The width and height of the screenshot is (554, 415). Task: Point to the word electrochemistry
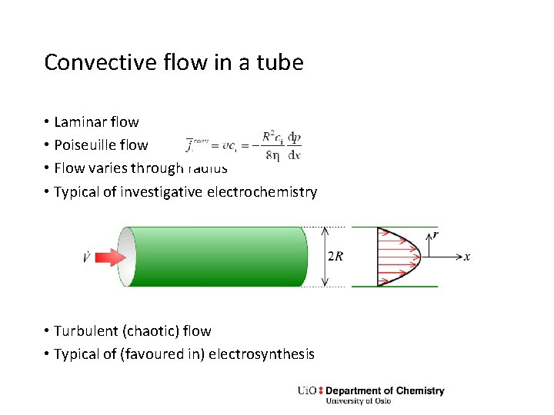coord(262,192)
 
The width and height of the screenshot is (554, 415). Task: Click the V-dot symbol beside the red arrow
coord(87,257)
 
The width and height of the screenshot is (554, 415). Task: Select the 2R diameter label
coord(335,257)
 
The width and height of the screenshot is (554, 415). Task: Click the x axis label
coord(467,257)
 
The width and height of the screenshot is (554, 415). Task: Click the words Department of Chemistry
coord(385,390)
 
